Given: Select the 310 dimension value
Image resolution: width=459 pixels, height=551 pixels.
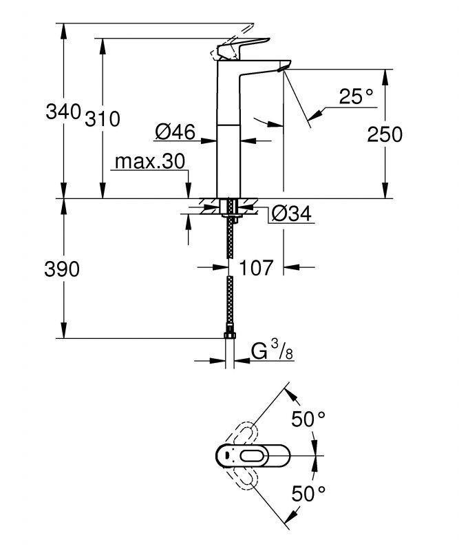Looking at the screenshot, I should tap(102, 118).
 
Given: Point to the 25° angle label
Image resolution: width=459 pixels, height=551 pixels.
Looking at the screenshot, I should tap(356, 97).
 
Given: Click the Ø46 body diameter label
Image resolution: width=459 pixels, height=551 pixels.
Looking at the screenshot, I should tap(175, 130).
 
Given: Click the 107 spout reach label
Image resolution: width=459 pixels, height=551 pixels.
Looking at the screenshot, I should tap(256, 267).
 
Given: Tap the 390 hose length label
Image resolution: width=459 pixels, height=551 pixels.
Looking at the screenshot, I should tap(62, 269).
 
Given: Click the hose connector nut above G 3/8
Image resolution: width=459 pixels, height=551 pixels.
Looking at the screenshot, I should tap(230, 335).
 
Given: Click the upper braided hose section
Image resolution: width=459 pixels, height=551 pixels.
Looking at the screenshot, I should tap(230, 238).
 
